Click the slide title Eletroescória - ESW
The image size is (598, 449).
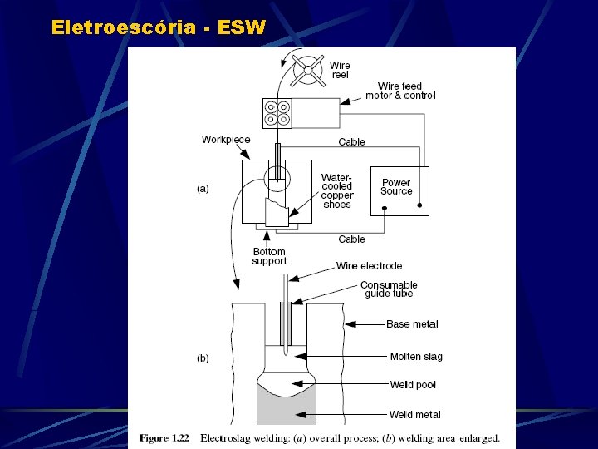pos(158,27)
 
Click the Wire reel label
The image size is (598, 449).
pos(340,70)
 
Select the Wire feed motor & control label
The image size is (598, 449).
pos(400,91)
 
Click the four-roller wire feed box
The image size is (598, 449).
pos(277,113)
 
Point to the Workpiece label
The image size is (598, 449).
pos(226,140)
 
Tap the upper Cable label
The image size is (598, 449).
pos(351,142)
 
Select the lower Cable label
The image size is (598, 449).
pos(351,239)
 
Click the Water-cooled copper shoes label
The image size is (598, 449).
pos(337,191)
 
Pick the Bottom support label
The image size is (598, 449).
pos(269,256)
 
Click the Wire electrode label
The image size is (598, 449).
pos(369,266)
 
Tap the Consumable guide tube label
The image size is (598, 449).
pos(389,289)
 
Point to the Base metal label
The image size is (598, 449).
pos(412,324)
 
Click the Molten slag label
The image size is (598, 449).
pos(416,357)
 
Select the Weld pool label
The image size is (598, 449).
pos(413,385)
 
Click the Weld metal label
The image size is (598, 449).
pos(415,414)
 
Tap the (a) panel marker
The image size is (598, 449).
pos(203,189)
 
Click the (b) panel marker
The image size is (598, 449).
pos(203,358)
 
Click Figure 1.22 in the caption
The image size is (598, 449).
pos(165,437)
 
